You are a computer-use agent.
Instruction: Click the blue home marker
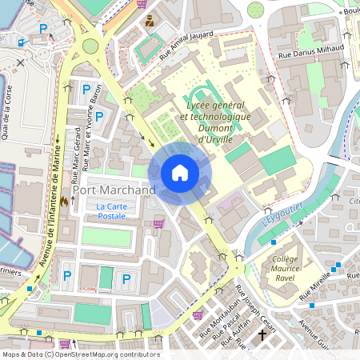click(180, 173)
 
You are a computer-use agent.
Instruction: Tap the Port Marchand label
click(114, 190)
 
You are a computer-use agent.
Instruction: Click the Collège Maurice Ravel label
click(285, 265)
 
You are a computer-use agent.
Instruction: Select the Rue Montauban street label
click(223, 320)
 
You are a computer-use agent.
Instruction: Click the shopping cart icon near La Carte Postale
click(158, 224)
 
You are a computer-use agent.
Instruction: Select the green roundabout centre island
click(90, 46)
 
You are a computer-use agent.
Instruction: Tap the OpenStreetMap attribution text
click(80, 354)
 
